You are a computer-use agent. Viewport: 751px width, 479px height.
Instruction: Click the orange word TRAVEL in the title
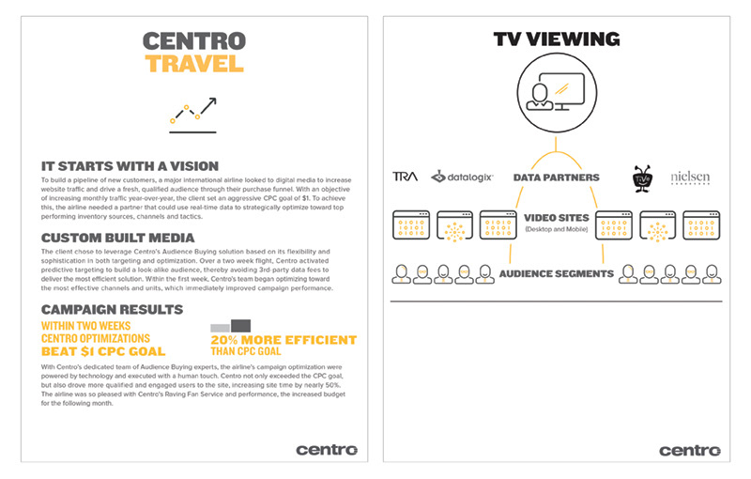(194, 64)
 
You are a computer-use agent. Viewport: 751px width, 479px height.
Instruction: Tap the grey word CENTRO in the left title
(194, 41)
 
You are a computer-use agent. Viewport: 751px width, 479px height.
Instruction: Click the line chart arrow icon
(193, 112)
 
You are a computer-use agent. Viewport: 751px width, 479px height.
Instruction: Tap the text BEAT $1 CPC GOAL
(103, 351)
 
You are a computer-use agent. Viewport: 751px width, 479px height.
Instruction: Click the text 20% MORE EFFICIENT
(284, 340)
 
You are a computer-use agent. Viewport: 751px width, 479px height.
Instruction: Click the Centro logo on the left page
(326, 449)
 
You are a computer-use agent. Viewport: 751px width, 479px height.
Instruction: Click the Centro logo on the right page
(689, 450)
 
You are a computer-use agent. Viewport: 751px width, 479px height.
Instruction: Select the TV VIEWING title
(556, 39)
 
